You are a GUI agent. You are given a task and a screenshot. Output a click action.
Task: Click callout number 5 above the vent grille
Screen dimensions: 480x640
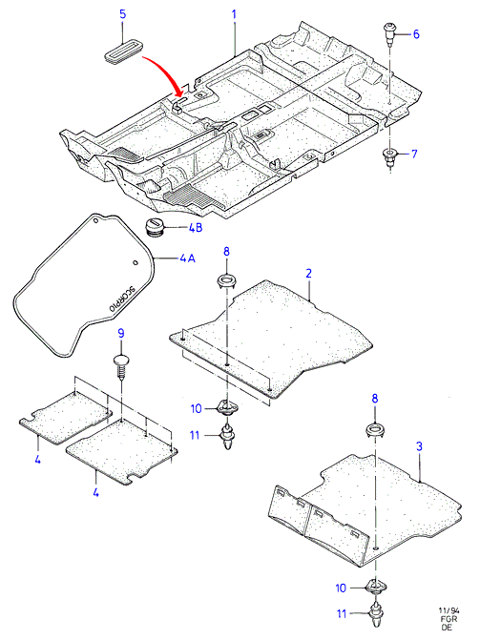pos(122,14)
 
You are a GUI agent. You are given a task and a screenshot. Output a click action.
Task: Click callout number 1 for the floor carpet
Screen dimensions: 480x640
pos(234,14)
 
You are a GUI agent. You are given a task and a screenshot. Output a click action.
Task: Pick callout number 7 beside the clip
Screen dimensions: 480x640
pos(414,154)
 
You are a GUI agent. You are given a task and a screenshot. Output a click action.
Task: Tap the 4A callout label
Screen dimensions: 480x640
pos(187,258)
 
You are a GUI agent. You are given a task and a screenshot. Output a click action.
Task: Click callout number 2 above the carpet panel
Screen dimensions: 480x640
pos(308,274)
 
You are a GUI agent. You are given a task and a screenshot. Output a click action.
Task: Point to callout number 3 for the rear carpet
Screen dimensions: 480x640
pos(419,446)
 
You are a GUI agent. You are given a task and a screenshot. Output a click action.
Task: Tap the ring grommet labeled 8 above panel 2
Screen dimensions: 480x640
pos(226,281)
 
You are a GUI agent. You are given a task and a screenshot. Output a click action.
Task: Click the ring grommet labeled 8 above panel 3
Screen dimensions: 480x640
pos(375,430)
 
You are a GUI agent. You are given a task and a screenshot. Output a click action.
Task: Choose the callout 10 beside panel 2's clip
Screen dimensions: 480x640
pos(197,408)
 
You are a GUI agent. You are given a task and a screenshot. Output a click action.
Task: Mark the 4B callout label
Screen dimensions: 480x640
pos(196,227)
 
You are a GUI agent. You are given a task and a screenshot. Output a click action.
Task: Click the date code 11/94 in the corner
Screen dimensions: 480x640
pos(449,611)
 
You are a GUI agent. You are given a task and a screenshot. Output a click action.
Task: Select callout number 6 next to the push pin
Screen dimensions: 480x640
pos(416,34)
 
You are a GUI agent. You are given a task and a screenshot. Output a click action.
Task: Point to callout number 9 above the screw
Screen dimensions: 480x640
pos(121,334)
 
